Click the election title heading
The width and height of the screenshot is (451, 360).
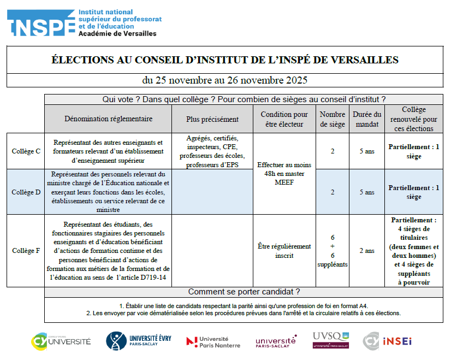(225, 60)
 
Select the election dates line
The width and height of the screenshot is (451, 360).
(225, 80)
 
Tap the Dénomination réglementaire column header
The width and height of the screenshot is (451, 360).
(108, 119)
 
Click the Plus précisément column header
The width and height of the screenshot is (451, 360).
(212, 119)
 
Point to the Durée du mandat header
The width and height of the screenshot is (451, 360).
(367, 119)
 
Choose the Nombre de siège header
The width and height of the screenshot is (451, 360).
(333, 119)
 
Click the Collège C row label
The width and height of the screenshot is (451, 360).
(26, 151)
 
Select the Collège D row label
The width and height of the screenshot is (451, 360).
(26, 192)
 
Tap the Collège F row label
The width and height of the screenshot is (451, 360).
(26, 251)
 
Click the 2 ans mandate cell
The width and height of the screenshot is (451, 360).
(367, 251)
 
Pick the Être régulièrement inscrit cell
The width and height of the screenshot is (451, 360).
(284, 251)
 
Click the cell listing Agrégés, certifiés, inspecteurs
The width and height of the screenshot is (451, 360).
(212, 151)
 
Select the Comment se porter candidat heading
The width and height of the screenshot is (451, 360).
(244, 292)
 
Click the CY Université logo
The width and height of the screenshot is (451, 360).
(61, 341)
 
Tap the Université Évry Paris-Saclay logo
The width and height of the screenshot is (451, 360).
(139, 341)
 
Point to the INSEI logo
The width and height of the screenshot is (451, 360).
(388, 341)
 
